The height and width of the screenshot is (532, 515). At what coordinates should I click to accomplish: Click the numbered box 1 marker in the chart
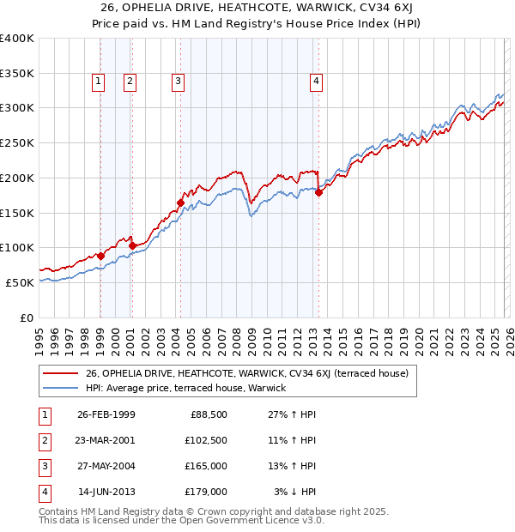(99, 82)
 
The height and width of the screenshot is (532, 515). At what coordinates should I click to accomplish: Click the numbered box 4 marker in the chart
(316, 82)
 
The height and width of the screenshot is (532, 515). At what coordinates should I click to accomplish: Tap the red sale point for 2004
(180, 203)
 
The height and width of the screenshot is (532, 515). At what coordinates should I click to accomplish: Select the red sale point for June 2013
(318, 193)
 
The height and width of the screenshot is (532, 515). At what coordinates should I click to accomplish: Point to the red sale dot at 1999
(100, 256)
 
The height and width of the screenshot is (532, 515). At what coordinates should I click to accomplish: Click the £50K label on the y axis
(21, 282)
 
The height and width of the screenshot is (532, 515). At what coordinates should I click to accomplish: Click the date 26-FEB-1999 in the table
(106, 414)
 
